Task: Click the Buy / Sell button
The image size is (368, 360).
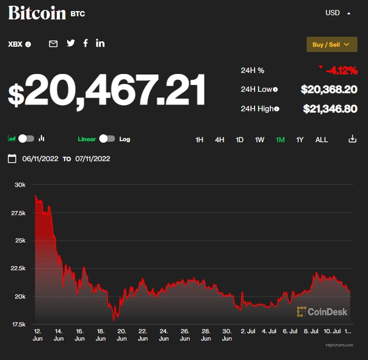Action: [332, 45]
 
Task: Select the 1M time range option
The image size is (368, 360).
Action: [280, 140]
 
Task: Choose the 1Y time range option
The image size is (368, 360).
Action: [300, 140]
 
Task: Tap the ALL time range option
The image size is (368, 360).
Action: [321, 140]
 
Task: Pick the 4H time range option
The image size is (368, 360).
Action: [219, 140]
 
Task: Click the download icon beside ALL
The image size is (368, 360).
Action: [352, 139]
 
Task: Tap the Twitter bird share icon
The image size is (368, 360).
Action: [71, 44]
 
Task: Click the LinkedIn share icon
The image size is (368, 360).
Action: [100, 44]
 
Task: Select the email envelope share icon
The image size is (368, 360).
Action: [53, 44]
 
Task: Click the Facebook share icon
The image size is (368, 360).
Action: [86, 44]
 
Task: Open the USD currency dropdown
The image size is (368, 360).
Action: [338, 13]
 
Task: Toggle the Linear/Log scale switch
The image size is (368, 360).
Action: [107, 139]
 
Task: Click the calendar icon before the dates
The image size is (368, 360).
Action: [12, 158]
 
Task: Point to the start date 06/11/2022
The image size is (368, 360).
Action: [40, 158]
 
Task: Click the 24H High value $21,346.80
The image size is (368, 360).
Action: [330, 109]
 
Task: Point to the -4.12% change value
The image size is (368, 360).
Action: [341, 70]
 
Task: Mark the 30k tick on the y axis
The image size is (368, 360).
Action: [20, 185]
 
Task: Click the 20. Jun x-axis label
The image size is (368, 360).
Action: [121, 335]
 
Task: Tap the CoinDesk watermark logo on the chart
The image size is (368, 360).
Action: [322, 312]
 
